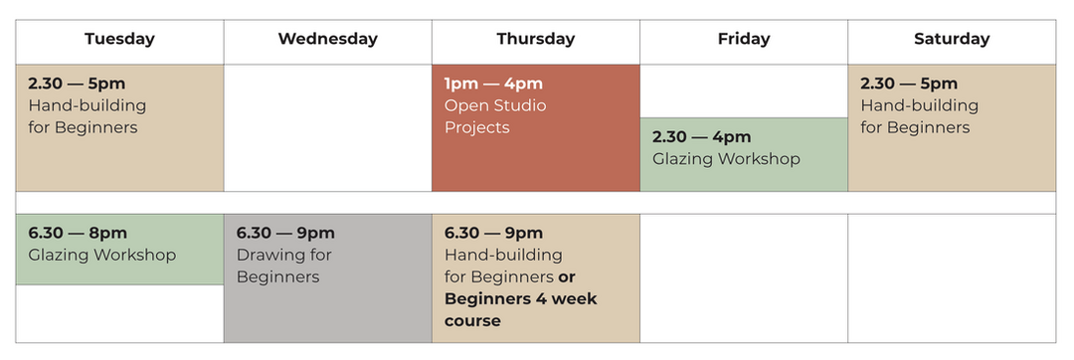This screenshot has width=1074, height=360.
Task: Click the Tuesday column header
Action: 120,39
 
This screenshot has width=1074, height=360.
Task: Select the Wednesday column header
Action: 327,39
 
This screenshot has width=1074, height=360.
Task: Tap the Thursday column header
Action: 536,39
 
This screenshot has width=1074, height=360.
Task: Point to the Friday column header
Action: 744,39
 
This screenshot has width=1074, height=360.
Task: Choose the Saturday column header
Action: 952,39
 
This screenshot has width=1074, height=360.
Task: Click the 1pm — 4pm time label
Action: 493,84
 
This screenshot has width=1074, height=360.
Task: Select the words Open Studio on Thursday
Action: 495,105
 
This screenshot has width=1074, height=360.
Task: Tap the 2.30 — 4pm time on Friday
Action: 701,137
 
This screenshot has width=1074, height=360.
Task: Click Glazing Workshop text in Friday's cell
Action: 726,159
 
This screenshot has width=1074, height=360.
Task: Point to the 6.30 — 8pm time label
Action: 78,233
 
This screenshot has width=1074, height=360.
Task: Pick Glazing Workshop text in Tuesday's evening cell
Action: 102,255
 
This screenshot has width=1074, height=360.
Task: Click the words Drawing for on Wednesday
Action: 283,255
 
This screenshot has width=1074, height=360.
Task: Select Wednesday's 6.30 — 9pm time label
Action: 285,233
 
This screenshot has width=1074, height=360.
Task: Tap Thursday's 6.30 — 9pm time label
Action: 494,233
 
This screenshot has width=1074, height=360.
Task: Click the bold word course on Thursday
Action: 472,321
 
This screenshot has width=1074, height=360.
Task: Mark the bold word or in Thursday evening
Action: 567,277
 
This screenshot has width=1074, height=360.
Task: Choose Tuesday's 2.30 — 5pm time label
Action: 77,84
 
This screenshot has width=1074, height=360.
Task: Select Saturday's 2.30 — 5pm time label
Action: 909,84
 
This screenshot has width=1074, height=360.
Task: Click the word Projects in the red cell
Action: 476,128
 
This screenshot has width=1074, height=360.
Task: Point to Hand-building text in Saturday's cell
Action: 919,105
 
